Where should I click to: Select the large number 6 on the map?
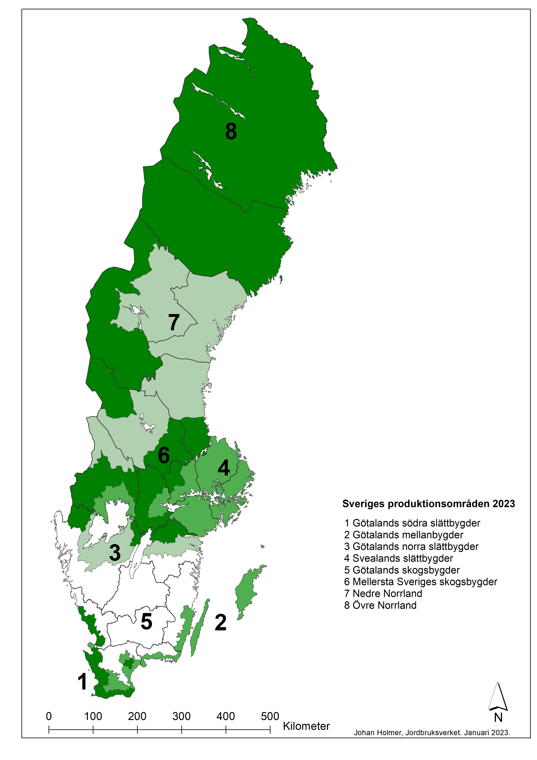(164, 455)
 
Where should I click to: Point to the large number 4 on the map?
(224, 468)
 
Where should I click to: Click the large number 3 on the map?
(115, 553)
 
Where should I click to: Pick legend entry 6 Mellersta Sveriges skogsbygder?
(421, 582)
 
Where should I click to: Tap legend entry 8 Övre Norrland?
(380, 605)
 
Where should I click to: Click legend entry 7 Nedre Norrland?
(383, 594)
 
